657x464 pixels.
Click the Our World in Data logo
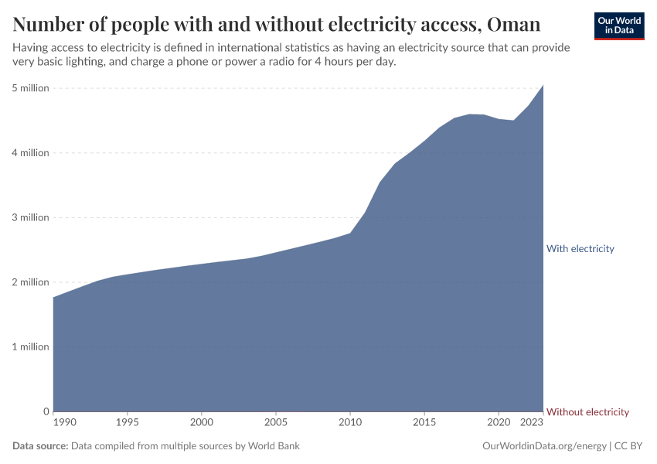click(x=618, y=26)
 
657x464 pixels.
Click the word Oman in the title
click(x=514, y=24)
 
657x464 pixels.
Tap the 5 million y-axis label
click(x=30, y=88)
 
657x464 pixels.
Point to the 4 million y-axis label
click(x=30, y=153)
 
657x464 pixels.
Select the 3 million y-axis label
click(x=30, y=217)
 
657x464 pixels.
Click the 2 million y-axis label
click(x=30, y=282)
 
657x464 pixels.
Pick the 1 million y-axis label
click(x=30, y=346)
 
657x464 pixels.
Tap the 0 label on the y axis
click(x=46, y=411)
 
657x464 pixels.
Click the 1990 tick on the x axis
click(x=65, y=422)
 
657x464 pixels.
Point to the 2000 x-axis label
click(x=201, y=422)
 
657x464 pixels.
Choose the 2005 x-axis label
click(x=275, y=422)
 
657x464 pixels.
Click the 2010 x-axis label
click(x=349, y=422)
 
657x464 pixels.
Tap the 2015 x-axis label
click(x=424, y=422)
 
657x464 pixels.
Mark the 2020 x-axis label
click(x=498, y=422)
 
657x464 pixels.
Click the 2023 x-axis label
click(x=532, y=422)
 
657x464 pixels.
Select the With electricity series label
click(x=580, y=249)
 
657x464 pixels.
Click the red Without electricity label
click(x=587, y=412)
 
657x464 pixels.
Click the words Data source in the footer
click(x=40, y=446)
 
